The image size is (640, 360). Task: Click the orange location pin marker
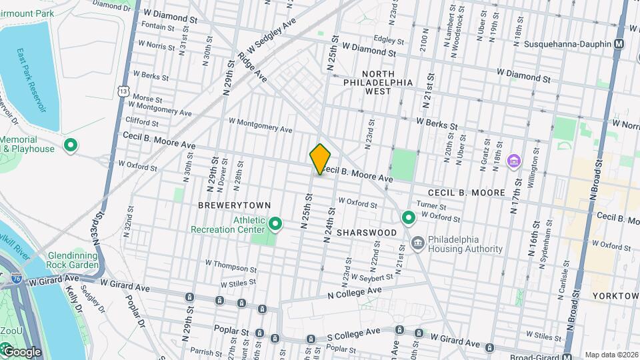click(320, 159)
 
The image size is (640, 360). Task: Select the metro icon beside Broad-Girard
click(567, 356)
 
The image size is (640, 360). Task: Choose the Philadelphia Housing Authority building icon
click(418, 243)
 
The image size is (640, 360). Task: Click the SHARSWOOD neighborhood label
click(366, 232)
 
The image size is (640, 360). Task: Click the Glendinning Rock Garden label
click(73, 260)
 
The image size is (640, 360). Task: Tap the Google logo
click(21, 351)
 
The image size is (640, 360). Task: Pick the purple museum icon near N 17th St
click(513, 161)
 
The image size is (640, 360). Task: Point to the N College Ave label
click(354, 293)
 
